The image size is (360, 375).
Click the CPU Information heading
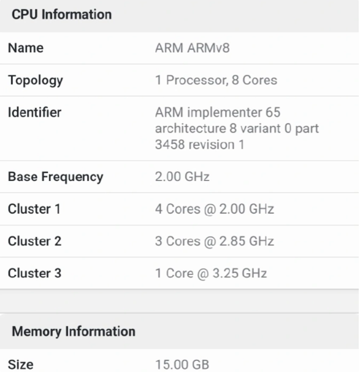pyautogui.click(x=62, y=14)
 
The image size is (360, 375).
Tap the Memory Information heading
pyautogui.click(x=74, y=331)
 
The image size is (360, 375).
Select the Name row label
pyautogui.click(x=26, y=48)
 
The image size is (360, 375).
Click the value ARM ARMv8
pyautogui.click(x=193, y=48)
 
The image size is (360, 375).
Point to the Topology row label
pyautogui.click(x=36, y=80)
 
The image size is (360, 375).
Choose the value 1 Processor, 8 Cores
pyautogui.click(x=216, y=80)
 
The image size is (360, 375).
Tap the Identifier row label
pyautogui.click(x=35, y=112)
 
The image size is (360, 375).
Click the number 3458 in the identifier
pyautogui.click(x=170, y=144)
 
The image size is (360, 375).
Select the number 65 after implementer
pyautogui.click(x=273, y=112)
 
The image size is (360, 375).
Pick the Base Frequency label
pyautogui.click(x=55, y=177)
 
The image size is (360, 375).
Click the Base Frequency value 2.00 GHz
pyautogui.click(x=182, y=177)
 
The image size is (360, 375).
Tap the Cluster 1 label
pyautogui.click(x=34, y=209)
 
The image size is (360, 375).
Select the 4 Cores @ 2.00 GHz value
pyautogui.click(x=215, y=209)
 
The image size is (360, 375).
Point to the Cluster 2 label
pyautogui.click(x=35, y=241)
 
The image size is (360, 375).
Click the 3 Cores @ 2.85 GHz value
pyautogui.click(x=215, y=241)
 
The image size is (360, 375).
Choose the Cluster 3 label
pyautogui.click(x=35, y=273)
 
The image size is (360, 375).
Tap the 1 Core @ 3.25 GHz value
pyautogui.click(x=211, y=273)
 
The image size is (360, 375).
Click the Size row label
pyautogui.click(x=21, y=365)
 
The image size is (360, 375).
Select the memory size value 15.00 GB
pyautogui.click(x=182, y=365)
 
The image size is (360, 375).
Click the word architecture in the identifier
pyautogui.click(x=191, y=128)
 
